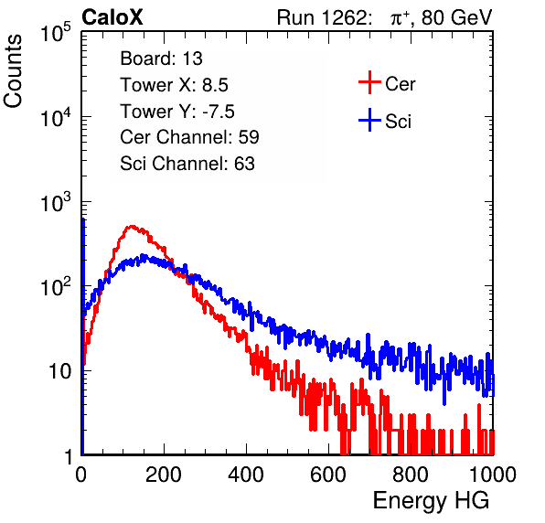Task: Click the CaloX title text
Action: point(112,17)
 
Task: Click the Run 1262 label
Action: point(322,17)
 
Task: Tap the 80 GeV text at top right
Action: point(457,17)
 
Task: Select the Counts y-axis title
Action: point(13,71)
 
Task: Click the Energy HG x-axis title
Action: point(431,501)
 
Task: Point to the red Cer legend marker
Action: point(369,82)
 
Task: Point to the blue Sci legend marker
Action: point(369,120)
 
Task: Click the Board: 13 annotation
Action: point(161,59)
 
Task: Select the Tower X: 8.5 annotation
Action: point(174,85)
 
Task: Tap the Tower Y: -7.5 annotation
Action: point(177,112)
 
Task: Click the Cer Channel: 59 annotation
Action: point(189,137)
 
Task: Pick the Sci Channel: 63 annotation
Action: point(187,164)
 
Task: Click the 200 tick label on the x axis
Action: point(164,475)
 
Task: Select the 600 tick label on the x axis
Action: point(328,475)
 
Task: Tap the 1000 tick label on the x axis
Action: point(493,475)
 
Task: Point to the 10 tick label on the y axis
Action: point(59,371)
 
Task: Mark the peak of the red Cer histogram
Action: point(132,226)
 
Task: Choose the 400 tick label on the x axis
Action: point(246,475)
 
